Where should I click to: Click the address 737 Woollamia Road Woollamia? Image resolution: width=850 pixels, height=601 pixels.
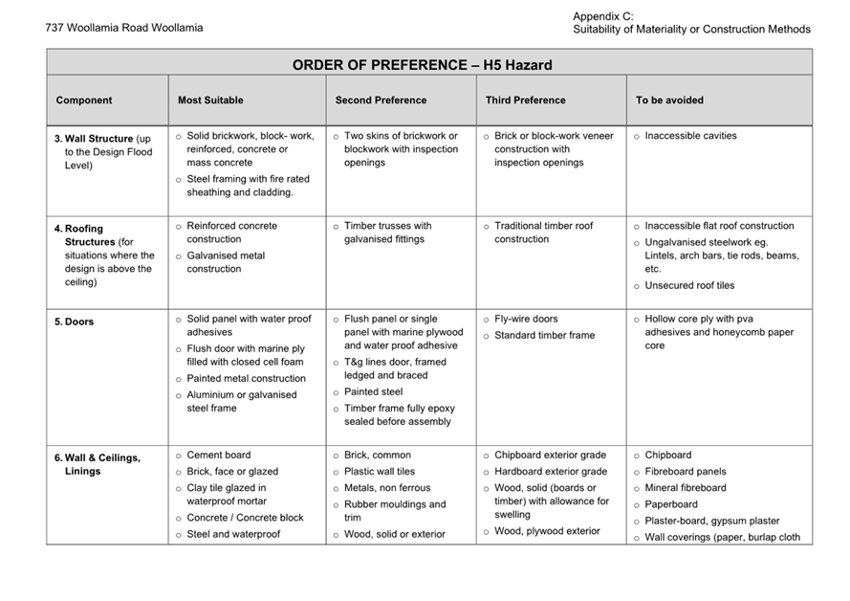point(124,28)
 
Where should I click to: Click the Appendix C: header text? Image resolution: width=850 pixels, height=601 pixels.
point(603,16)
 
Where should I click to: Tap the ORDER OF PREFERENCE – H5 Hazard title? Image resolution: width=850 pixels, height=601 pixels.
point(422,65)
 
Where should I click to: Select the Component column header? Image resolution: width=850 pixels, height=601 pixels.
point(84,100)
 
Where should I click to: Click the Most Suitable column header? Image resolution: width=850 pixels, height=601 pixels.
point(210,100)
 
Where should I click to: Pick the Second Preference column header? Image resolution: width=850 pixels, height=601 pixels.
point(381,100)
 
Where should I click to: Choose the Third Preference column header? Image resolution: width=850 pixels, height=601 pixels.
point(525,100)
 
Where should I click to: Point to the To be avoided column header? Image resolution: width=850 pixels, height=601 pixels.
point(669,100)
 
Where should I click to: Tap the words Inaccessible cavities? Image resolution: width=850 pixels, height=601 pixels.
point(690,136)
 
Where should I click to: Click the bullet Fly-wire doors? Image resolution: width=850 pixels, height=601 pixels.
point(526,319)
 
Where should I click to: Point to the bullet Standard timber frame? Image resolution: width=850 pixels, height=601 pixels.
point(544,335)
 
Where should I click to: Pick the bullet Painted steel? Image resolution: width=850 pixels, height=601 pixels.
point(374,391)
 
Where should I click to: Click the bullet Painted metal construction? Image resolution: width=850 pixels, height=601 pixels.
point(246,378)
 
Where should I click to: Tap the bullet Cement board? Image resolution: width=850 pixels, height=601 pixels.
point(219,455)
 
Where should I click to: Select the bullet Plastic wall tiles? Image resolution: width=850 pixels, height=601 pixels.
point(380,471)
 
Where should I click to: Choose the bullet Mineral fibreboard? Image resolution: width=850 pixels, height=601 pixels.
point(686,487)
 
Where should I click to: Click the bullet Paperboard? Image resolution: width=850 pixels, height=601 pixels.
point(671,504)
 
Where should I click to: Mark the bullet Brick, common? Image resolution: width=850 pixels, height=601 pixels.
point(378,455)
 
